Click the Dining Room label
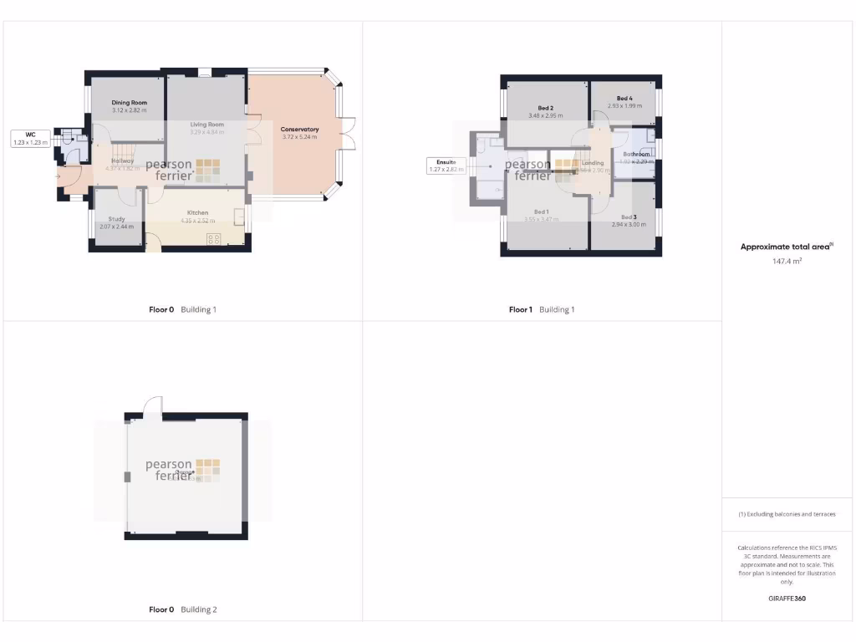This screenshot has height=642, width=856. point(129,103)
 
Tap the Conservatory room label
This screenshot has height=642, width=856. point(299,130)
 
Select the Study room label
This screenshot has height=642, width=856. point(116,219)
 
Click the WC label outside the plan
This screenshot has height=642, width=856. point(30,134)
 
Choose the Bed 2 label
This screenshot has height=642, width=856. point(546,108)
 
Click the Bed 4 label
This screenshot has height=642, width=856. point(624,99)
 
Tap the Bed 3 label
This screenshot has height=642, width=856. point(629,217)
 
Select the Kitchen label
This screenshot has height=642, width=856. point(197,213)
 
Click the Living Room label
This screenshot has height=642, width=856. point(206,125)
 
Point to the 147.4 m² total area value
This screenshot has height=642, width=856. point(787,262)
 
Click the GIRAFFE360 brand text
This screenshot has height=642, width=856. point(787,599)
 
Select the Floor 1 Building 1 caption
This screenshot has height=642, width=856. point(542,309)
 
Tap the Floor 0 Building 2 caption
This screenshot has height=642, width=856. point(182,609)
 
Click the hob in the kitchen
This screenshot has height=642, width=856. point(213,239)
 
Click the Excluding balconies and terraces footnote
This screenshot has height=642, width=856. point(787,514)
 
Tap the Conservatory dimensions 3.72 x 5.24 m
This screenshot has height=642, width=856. point(299,137)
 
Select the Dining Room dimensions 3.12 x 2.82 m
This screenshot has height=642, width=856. point(129,110)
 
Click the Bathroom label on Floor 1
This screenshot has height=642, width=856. point(636,155)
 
